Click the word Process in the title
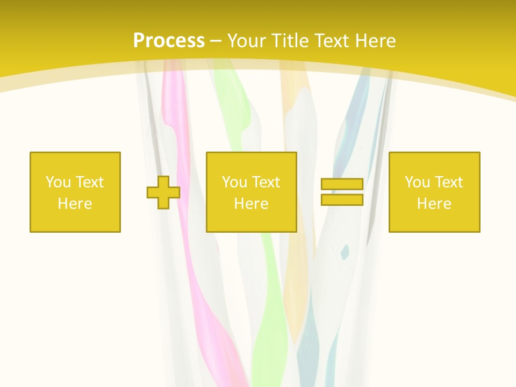tap(169, 41)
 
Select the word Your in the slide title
tap(247, 41)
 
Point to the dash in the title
tap(216, 41)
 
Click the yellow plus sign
tap(163, 192)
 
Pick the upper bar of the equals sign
tap(342, 184)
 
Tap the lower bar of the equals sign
tap(342, 199)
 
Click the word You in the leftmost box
tap(58, 182)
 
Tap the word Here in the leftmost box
tap(75, 204)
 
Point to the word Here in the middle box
tap(252, 204)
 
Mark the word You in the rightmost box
tap(417, 182)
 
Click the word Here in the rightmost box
tap(434, 204)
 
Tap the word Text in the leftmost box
tap(90, 182)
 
